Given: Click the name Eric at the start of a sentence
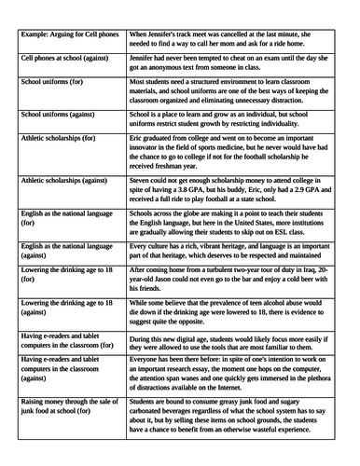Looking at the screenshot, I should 138,137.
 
